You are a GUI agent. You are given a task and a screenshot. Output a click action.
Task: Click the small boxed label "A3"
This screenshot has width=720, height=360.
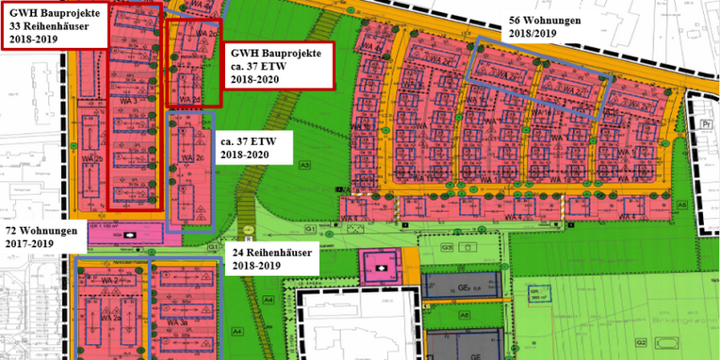(x=304, y=165)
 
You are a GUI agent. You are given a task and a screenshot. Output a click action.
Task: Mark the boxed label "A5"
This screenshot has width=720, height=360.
(x=680, y=205)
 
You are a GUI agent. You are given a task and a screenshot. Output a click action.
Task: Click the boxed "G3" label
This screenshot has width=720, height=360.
(x=450, y=247)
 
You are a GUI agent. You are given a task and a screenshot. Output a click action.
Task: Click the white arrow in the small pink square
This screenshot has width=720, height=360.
(x=381, y=269)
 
